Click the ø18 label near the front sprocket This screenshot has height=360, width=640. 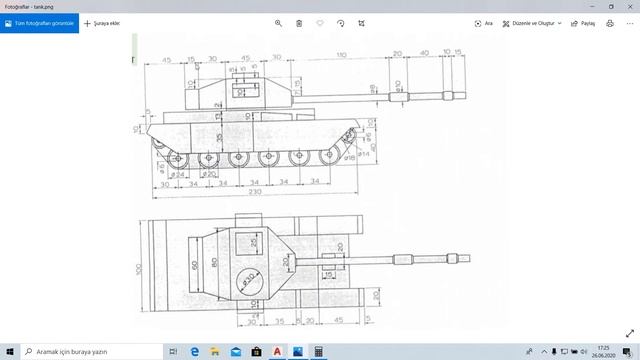pyautogui.click(x=351, y=158)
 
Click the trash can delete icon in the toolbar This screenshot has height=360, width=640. pyautogui.click(x=299, y=23)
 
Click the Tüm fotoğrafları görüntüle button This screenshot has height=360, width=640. pyautogui.click(x=39, y=23)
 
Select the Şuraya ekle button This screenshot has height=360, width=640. pyautogui.click(x=103, y=23)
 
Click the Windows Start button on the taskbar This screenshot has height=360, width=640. pyautogui.click(x=9, y=352)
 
